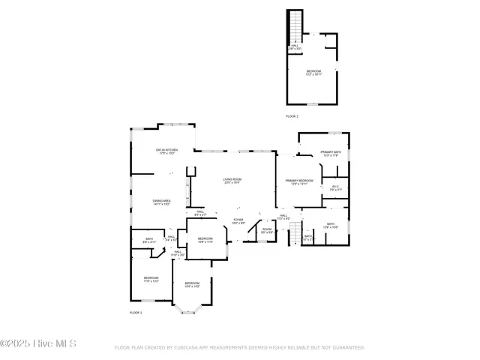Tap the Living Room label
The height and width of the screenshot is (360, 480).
[x=231, y=181]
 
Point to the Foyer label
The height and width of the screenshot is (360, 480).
[x=238, y=220]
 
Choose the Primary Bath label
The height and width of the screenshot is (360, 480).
[x=331, y=154]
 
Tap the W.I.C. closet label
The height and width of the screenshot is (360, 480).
[x=335, y=188]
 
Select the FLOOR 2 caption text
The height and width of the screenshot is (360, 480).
[x=292, y=117]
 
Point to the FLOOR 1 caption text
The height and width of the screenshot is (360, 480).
[x=136, y=312]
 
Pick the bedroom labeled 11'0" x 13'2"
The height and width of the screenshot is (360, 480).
[x=151, y=279]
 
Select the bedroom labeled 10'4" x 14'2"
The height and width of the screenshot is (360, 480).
[x=192, y=285]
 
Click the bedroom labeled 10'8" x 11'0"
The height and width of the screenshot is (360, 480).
[x=205, y=240]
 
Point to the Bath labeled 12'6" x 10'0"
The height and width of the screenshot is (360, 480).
[x=331, y=226]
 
